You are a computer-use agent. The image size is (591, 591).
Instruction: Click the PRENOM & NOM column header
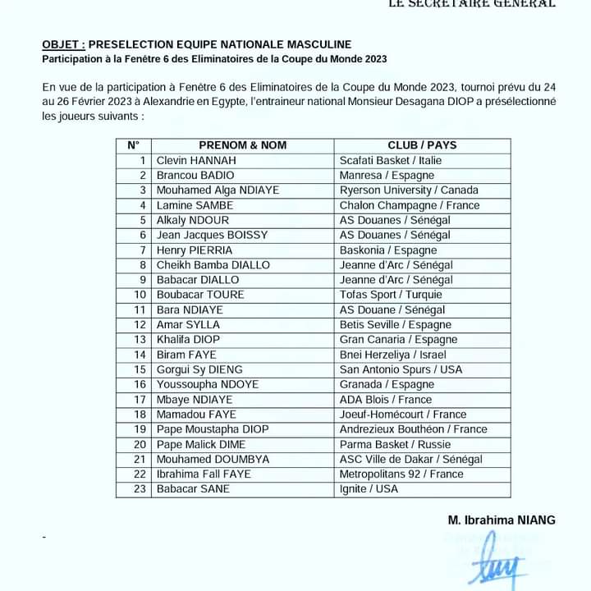(242, 145)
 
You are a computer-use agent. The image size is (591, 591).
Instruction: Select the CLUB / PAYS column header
(422, 145)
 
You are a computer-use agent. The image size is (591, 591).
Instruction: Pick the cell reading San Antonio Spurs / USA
(401, 369)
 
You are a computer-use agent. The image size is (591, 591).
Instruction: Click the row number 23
(140, 489)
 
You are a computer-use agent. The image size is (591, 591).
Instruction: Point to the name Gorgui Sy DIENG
(199, 369)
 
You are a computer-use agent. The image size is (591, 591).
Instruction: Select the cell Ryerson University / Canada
(409, 190)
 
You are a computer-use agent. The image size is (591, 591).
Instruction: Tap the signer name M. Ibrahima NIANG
(502, 520)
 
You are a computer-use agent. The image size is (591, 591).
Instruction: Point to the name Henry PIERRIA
(195, 250)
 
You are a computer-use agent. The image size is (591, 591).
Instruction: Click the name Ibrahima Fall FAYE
(204, 474)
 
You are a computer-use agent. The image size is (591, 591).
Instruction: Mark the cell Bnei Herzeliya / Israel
(393, 355)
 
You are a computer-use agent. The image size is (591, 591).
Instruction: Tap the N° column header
(134, 145)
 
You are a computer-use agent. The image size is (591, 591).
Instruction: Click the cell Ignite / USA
(369, 489)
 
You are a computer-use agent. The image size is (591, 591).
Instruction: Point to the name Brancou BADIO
(195, 175)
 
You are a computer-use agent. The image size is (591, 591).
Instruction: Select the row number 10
(140, 295)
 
